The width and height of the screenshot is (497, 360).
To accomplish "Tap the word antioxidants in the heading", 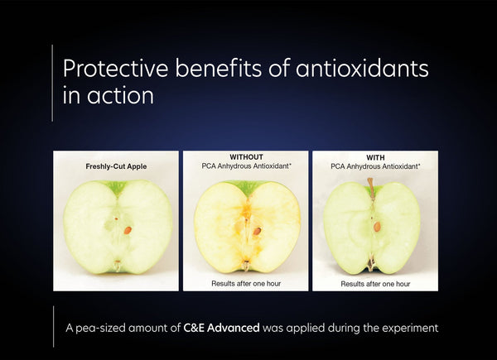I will [359, 69].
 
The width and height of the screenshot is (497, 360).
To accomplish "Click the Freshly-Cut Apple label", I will [116, 166].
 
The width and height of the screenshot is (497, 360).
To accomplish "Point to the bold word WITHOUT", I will [245, 157].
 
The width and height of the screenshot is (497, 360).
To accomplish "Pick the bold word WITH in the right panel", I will [374, 157].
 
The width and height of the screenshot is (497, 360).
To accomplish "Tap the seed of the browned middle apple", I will [257, 231].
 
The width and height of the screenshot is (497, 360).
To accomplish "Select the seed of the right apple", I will [377, 225].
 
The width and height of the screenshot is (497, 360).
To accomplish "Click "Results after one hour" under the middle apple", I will [245, 282].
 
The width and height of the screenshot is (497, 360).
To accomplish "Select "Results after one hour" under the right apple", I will [374, 282].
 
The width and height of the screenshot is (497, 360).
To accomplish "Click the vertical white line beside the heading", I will [52, 82].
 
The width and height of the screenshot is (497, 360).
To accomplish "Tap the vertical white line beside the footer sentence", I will [52, 326].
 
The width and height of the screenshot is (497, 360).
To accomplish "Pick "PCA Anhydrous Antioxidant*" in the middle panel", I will [245, 166].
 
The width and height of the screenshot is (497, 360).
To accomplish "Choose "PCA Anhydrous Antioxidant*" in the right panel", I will [374, 166].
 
